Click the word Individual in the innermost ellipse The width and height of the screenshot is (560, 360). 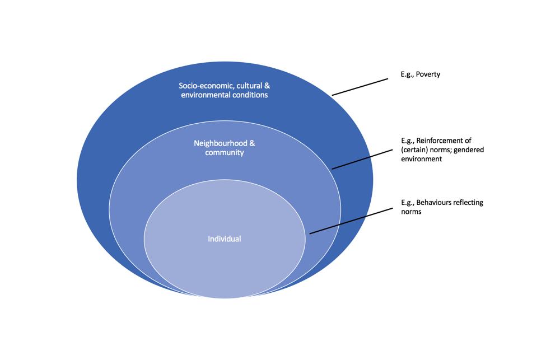click(224, 239)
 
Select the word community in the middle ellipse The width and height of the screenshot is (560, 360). click(224, 152)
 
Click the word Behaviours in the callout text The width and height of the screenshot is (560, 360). click(439, 203)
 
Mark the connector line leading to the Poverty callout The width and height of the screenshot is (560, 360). click(360, 87)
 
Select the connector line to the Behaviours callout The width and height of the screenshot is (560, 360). click(350, 222)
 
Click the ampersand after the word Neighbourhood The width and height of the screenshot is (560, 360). click(252, 143)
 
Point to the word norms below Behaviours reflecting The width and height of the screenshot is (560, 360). click(411, 212)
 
